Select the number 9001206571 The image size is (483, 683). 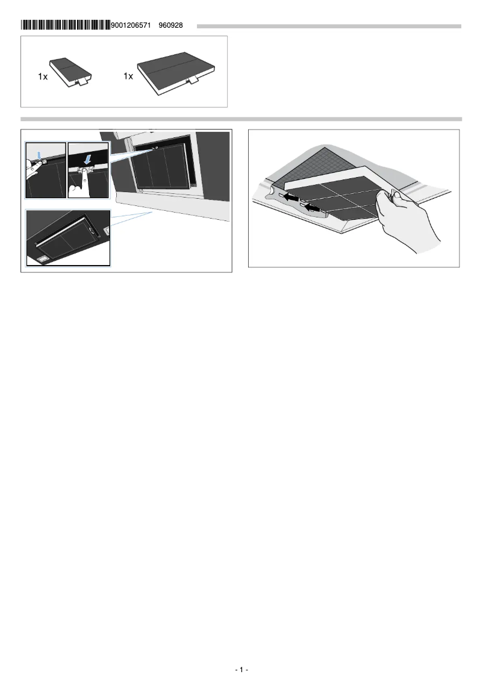(x=131, y=25)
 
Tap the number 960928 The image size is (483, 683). (x=170, y=25)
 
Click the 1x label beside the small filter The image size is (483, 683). (x=42, y=77)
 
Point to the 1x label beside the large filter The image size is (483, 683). (x=128, y=76)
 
